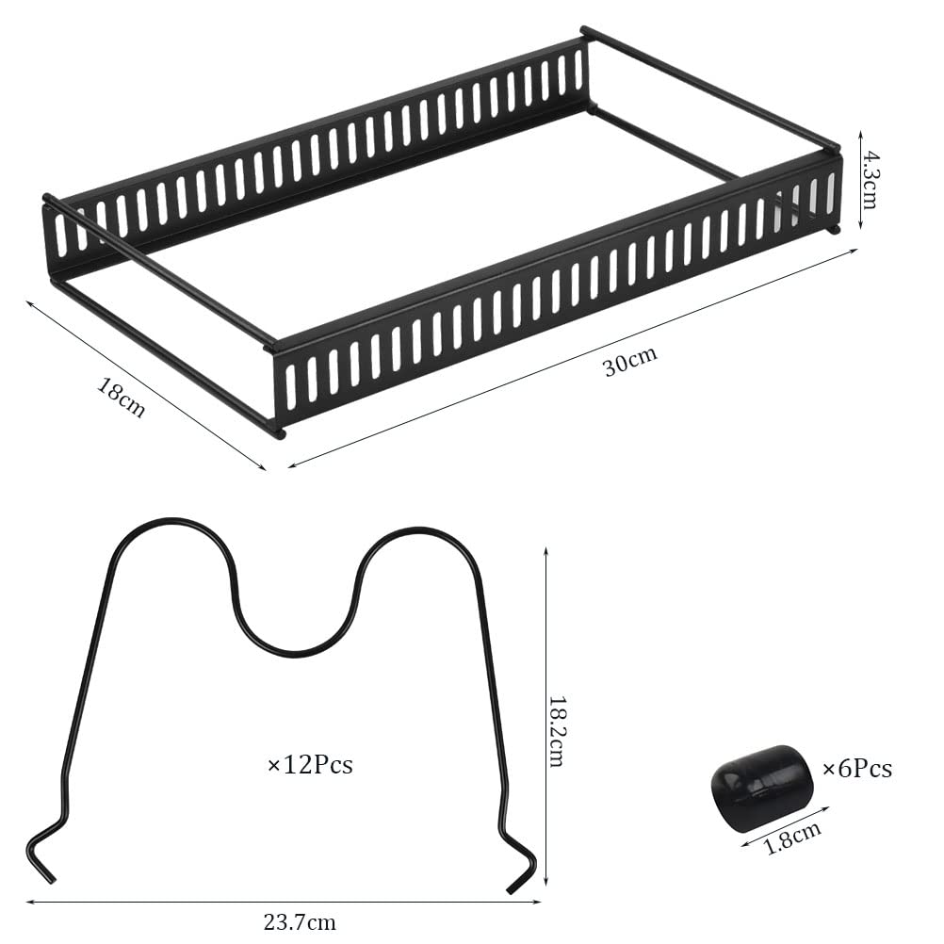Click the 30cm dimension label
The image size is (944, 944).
[x=630, y=361]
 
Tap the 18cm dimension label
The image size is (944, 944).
[x=122, y=398]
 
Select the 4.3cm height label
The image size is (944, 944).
[x=869, y=179]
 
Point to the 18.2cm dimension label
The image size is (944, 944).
[x=555, y=731]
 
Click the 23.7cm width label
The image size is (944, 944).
[x=300, y=921]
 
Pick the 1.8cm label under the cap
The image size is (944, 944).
[x=792, y=838]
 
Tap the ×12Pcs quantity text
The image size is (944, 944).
[x=309, y=765]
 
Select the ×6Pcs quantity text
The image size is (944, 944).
[x=856, y=769]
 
